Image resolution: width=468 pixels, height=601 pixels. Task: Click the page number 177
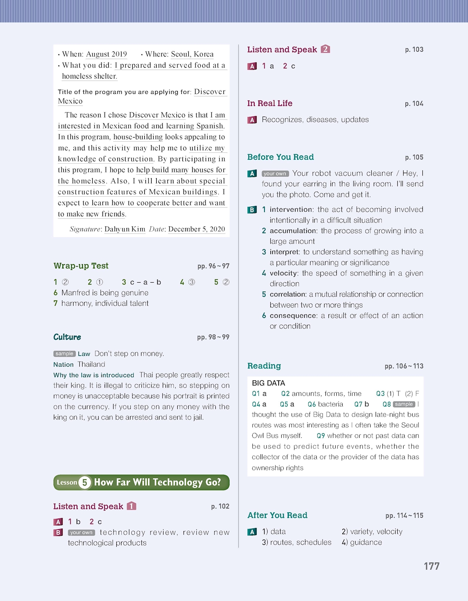(x=431, y=566)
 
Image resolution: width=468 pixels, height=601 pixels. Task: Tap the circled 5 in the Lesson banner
(x=84, y=482)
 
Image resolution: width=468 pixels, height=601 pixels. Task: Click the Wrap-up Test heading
(x=81, y=266)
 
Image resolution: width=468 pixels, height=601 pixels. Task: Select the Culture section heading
(x=67, y=337)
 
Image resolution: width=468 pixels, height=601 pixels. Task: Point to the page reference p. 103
(x=414, y=49)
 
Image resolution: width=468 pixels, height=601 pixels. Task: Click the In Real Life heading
(x=270, y=103)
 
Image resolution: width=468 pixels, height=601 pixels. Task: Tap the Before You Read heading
(x=280, y=157)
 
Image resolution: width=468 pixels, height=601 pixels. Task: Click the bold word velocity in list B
(x=283, y=273)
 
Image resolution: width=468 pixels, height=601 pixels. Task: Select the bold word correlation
(x=288, y=294)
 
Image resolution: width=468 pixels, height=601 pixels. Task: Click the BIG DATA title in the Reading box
(x=268, y=383)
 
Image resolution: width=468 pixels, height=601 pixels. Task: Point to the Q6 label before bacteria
(x=312, y=404)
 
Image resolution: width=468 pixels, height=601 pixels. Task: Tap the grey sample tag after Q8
(x=404, y=404)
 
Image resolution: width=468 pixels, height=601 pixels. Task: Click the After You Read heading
(x=277, y=515)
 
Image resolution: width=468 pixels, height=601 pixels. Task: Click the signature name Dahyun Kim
(x=125, y=229)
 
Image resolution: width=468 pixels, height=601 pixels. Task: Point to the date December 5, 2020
(x=196, y=229)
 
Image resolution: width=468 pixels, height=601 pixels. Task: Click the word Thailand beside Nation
(x=91, y=364)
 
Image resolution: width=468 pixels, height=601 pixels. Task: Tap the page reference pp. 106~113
(x=404, y=366)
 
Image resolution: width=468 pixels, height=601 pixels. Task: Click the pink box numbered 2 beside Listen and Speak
(x=325, y=49)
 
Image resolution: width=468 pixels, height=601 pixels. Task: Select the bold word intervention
(x=291, y=210)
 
